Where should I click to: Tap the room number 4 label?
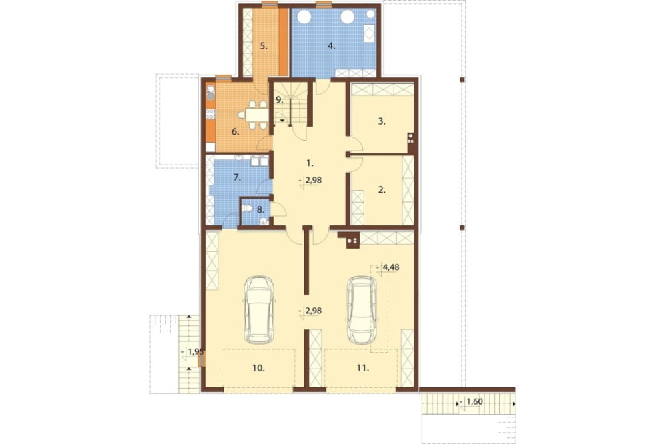coord(331,47)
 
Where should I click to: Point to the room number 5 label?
coord(264,47)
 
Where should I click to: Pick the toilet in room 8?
coord(247,209)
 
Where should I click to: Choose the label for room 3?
coord(382,121)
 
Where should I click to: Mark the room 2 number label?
coord(382,190)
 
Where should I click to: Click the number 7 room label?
coord(238,178)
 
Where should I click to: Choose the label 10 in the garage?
coord(258,368)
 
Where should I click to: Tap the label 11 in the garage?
coord(362,368)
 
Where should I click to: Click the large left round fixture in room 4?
coord(304,17)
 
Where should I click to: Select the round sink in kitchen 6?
coord(210,95)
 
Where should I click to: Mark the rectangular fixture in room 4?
coord(369,33)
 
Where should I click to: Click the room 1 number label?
coord(310,163)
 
